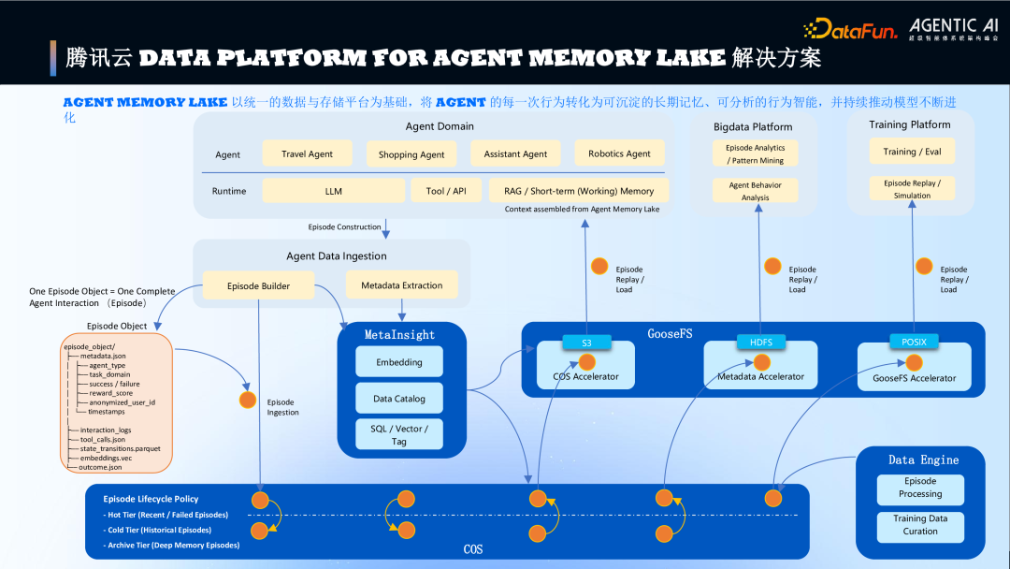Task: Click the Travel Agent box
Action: (x=307, y=154)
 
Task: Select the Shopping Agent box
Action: (x=411, y=154)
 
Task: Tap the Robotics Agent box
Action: (x=619, y=153)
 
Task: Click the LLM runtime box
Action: (x=333, y=191)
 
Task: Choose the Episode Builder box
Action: (x=258, y=286)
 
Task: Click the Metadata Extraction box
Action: (x=402, y=285)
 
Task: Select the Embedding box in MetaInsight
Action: (x=399, y=362)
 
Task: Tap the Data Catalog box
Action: (x=399, y=399)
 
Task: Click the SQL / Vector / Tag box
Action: (x=399, y=434)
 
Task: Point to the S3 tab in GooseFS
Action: (x=586, y=343)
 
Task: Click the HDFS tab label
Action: (x=761, y=343)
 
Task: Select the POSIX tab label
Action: (x=914, y=343)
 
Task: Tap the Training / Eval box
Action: (x=912, y=152)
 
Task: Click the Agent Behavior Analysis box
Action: (x=755, y=191)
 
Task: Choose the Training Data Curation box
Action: (x=920, y=525)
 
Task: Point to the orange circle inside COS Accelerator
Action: (x=587, y=361)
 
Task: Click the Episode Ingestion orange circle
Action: (x=248, y=400)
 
